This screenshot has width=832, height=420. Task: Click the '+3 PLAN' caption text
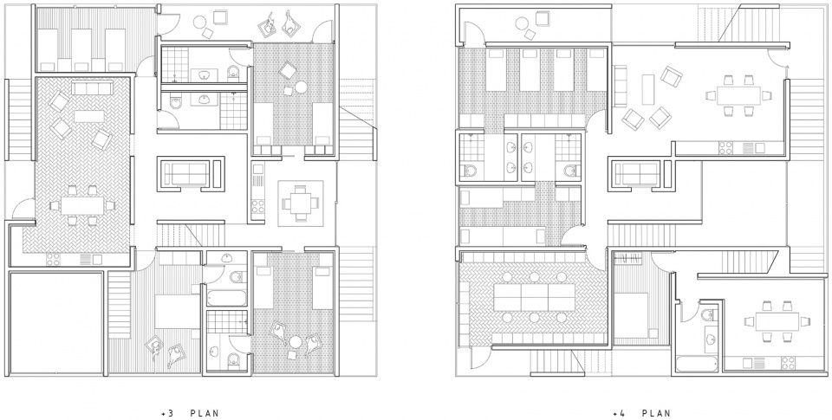point(190,413)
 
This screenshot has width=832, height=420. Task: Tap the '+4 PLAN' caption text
point(641,413)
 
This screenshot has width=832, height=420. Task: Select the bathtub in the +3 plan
point(226,298)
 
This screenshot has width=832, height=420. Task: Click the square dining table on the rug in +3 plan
point(301,203)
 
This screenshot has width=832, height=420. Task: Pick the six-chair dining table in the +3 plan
point(82,206)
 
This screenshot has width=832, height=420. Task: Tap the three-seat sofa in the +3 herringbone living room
point(92,88)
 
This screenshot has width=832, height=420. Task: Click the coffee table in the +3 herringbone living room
point(88,116)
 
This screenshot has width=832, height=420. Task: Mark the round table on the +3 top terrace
point(200,22)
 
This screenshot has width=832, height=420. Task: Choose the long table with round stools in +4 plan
point(535,298)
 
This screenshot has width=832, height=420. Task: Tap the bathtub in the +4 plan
point(697,365)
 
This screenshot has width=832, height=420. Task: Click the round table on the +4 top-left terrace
point(522,23)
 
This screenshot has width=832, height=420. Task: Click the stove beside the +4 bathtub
point(788,363)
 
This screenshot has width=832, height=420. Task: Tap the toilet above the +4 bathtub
point(708,315)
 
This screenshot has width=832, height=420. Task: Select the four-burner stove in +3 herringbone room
point(53,259)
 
